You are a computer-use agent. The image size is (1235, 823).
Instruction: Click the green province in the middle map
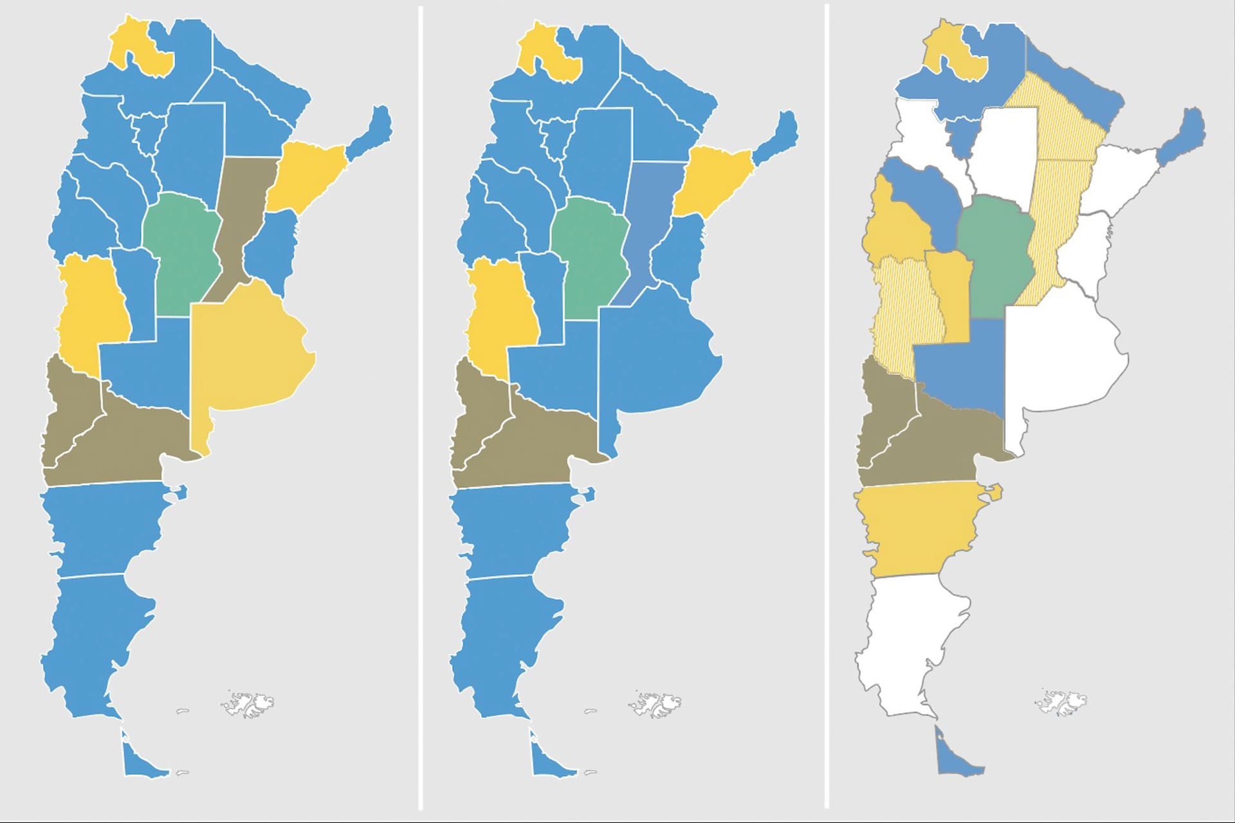click(589, 257)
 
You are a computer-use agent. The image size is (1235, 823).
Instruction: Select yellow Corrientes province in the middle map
click(711, 180)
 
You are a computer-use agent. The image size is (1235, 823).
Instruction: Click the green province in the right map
click(994, 257)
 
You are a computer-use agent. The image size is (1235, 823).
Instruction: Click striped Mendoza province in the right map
click(904, 309)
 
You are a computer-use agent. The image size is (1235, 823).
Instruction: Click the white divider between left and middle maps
click(421, 411)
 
